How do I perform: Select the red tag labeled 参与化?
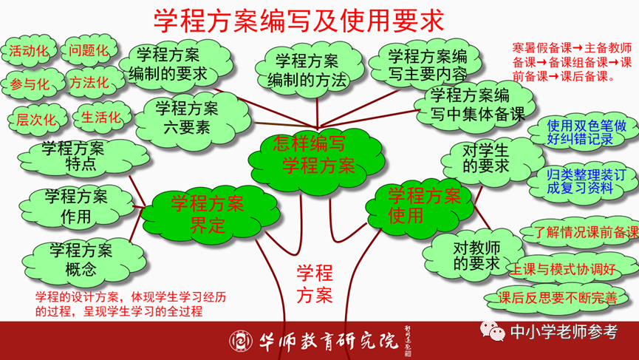point(29,82)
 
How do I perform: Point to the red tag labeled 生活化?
point(100,117)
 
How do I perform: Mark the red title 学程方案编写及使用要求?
point(298,21)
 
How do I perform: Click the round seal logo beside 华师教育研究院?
point(241,340)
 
